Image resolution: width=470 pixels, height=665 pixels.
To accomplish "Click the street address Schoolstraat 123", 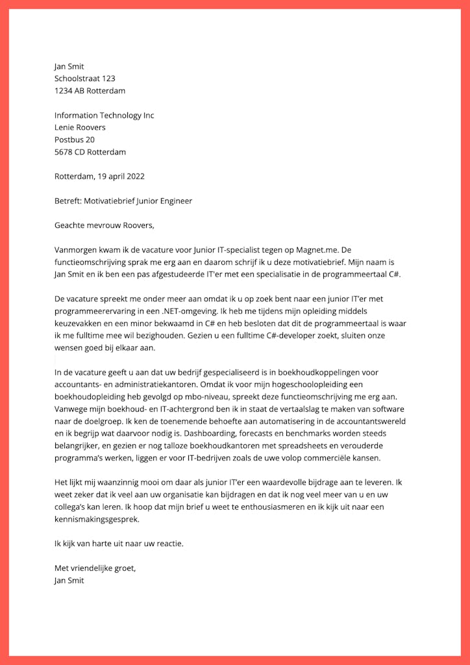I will pos(84,79).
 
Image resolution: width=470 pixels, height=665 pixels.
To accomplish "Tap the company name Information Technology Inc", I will pos(104,116).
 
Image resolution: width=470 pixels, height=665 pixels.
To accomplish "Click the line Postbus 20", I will pos(75,140).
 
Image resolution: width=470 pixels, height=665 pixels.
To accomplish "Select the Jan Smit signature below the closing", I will pos(69,581).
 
